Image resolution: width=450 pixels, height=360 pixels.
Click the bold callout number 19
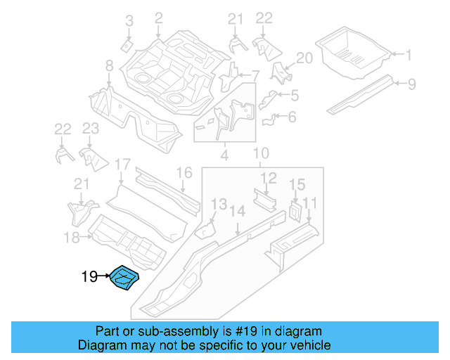click(89, 277)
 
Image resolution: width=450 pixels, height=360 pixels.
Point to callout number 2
click(158, 18)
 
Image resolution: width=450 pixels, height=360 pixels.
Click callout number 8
click(109, 66)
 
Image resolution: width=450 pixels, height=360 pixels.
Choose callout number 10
click(261, 153)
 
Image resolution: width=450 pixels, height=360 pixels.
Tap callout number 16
click(184, 173)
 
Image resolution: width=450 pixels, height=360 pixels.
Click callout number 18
click(72, 238)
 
